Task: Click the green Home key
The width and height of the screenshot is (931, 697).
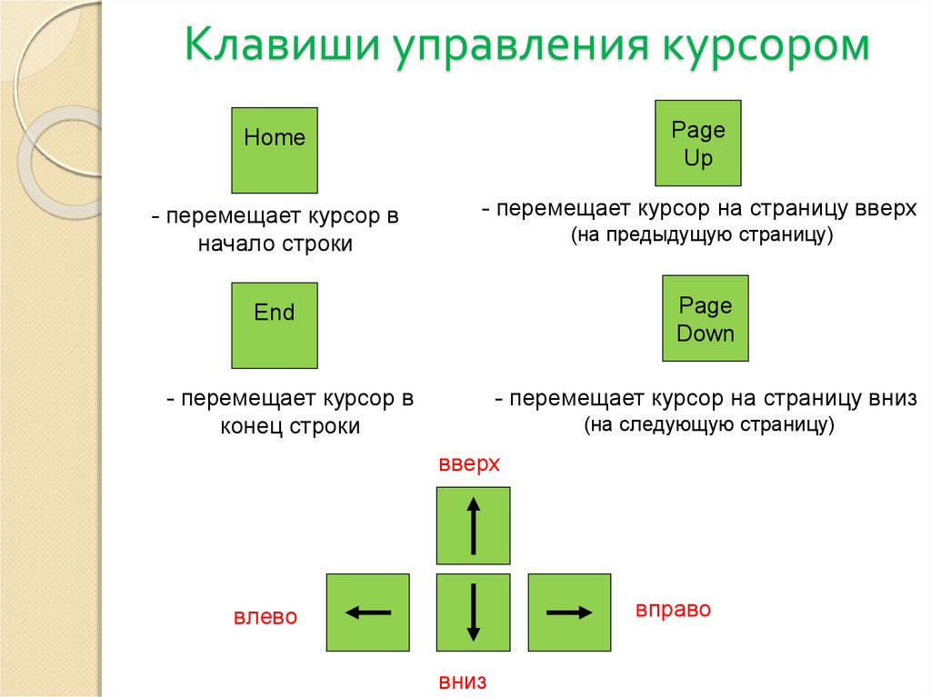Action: pos(275,150)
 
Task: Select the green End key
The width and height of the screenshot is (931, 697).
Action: pos(275,325)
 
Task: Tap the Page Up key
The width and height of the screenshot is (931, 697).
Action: pos(697,143)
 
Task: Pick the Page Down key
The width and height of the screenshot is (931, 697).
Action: pos(706,318)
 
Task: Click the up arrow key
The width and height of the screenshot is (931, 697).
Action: pos(473,525)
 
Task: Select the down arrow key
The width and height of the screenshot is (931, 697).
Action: pos(473,612)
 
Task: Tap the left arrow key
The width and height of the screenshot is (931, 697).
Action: pos(368,612)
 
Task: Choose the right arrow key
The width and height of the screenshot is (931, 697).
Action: pos(569,612)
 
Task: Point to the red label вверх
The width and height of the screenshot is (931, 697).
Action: pos(469,463)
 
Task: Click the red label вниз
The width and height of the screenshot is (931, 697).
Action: pos(463,682)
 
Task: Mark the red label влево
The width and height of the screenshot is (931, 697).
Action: pos(265,616)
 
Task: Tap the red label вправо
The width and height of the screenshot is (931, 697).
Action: pos(674,610)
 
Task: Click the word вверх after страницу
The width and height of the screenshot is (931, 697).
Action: pos(886,209)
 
